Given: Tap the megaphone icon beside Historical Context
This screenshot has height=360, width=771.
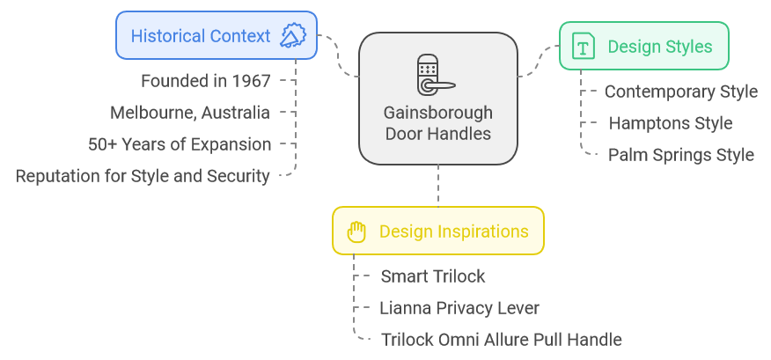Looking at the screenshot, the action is click(x=294, y=35).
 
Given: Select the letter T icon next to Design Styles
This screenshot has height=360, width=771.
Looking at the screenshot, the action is click(x=584, y=47).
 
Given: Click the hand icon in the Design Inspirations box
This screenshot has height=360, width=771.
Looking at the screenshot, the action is click(x=356, y=231).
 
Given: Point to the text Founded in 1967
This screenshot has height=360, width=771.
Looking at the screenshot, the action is click(x=206, y=81).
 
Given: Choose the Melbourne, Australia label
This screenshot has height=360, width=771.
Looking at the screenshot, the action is click(x=190, y=113).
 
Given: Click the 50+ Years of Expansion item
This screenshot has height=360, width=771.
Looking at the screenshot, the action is click(x=180, y=144).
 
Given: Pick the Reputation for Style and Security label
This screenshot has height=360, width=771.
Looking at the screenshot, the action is click(x=143, y=176).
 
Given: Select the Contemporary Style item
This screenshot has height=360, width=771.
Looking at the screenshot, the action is click(x=681, y=92).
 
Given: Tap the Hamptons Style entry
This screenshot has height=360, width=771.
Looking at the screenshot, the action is click(x=671, y=123).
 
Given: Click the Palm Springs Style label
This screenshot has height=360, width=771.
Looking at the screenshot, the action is click(x=681, y=155).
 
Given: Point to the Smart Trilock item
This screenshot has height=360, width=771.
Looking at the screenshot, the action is click(x=433, y=276).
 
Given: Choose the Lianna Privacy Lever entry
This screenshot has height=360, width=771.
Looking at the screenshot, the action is click(x=459, y=308).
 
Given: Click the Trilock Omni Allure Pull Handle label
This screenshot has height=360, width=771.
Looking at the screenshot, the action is click(x=501, y=340).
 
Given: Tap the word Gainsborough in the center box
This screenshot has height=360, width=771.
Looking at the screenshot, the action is click(x=437, y=113).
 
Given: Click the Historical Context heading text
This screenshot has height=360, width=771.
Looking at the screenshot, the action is click(x=201, y=36).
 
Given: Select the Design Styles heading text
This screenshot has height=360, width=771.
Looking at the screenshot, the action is click(x=660, y=47).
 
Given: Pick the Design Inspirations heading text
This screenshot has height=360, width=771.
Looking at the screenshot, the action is click(x=454, y=231).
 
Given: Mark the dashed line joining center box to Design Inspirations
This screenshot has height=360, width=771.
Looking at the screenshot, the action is click(x=437, y=186).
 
